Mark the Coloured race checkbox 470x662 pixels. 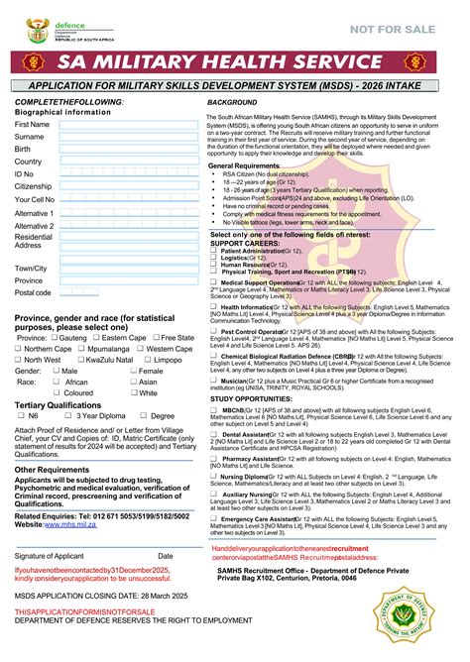[57, 393]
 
